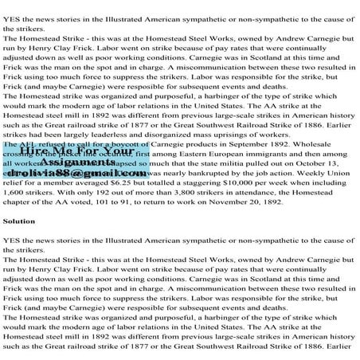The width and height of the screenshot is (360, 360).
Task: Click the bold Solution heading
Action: (x=18, y=242)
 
